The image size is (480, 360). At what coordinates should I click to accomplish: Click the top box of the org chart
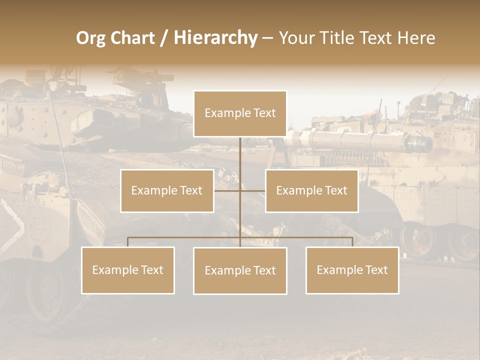click(240, 113)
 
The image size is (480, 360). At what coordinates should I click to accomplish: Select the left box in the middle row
click(167, 190)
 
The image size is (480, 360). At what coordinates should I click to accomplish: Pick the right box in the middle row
click(311, 190)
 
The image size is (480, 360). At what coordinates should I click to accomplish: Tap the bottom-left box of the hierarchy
click(128, 270)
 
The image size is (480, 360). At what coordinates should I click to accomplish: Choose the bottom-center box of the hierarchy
click(240, 270)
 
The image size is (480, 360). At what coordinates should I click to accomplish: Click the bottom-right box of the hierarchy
click(352, 270)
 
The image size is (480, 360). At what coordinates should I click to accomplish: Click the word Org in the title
click(90, 38)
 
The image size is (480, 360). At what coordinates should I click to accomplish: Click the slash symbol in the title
click(164, 38)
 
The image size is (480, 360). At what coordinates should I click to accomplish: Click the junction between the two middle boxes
click(240, 190)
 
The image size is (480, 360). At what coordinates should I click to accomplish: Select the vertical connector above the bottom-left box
click(128, 242)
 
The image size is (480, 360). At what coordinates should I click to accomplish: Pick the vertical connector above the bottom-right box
click(352, 242)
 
